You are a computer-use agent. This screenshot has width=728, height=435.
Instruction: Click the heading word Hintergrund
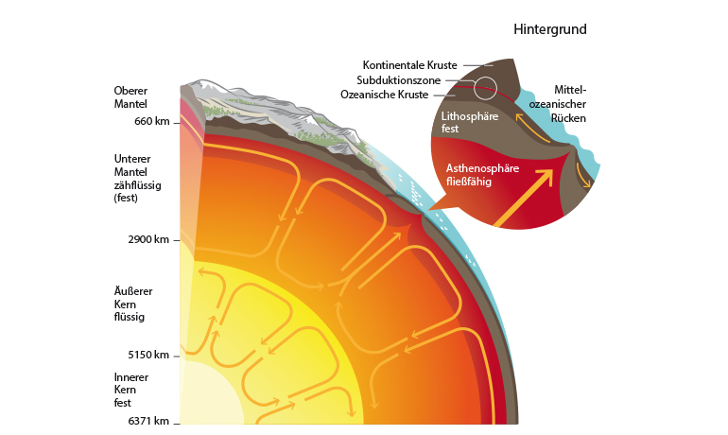[550, 29]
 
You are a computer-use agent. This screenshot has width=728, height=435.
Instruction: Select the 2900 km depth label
[148, 239]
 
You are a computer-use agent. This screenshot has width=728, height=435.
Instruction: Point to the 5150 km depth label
[148, 356]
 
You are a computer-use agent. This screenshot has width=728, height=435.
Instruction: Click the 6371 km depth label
[147, 421]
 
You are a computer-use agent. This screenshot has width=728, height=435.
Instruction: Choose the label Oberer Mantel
[130, 97]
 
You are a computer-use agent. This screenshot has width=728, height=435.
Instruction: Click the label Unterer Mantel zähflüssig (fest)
[138, 178]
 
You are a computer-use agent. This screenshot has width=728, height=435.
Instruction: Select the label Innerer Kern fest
[130, 390]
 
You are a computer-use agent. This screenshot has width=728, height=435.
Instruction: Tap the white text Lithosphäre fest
[463, 121]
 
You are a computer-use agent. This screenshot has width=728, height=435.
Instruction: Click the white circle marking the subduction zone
[485, 88]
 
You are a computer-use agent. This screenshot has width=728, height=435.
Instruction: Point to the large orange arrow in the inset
[525, 197]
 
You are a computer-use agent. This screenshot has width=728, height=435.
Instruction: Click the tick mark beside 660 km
[177, 122]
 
